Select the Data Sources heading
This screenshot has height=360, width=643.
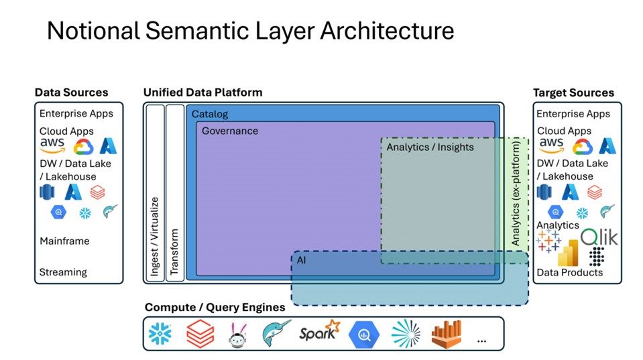tap(71, 93)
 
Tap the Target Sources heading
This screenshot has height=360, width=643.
tap(573, 93)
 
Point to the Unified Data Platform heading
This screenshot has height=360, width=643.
tap(202, 93)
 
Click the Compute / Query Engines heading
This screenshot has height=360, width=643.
tap(215, 307)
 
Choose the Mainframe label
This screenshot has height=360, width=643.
tap(64, 241)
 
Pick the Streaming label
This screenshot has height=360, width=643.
tap(63, 272)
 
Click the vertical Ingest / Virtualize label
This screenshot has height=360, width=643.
tap(155, 237)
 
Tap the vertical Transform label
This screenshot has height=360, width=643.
tap(174, 252)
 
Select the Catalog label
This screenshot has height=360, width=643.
tap(210, 115)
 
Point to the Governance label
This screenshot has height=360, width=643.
tap(230, 131)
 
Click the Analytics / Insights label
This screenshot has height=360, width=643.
tap(430, 147)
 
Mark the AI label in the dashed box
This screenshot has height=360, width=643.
tap(301, 259)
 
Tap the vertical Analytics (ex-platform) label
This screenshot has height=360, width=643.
tap(516, 193)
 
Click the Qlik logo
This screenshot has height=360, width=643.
tap(599, 237)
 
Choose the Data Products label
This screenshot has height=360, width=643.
tap(569, 272)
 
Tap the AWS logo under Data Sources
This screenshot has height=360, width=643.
tap(52, 145)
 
